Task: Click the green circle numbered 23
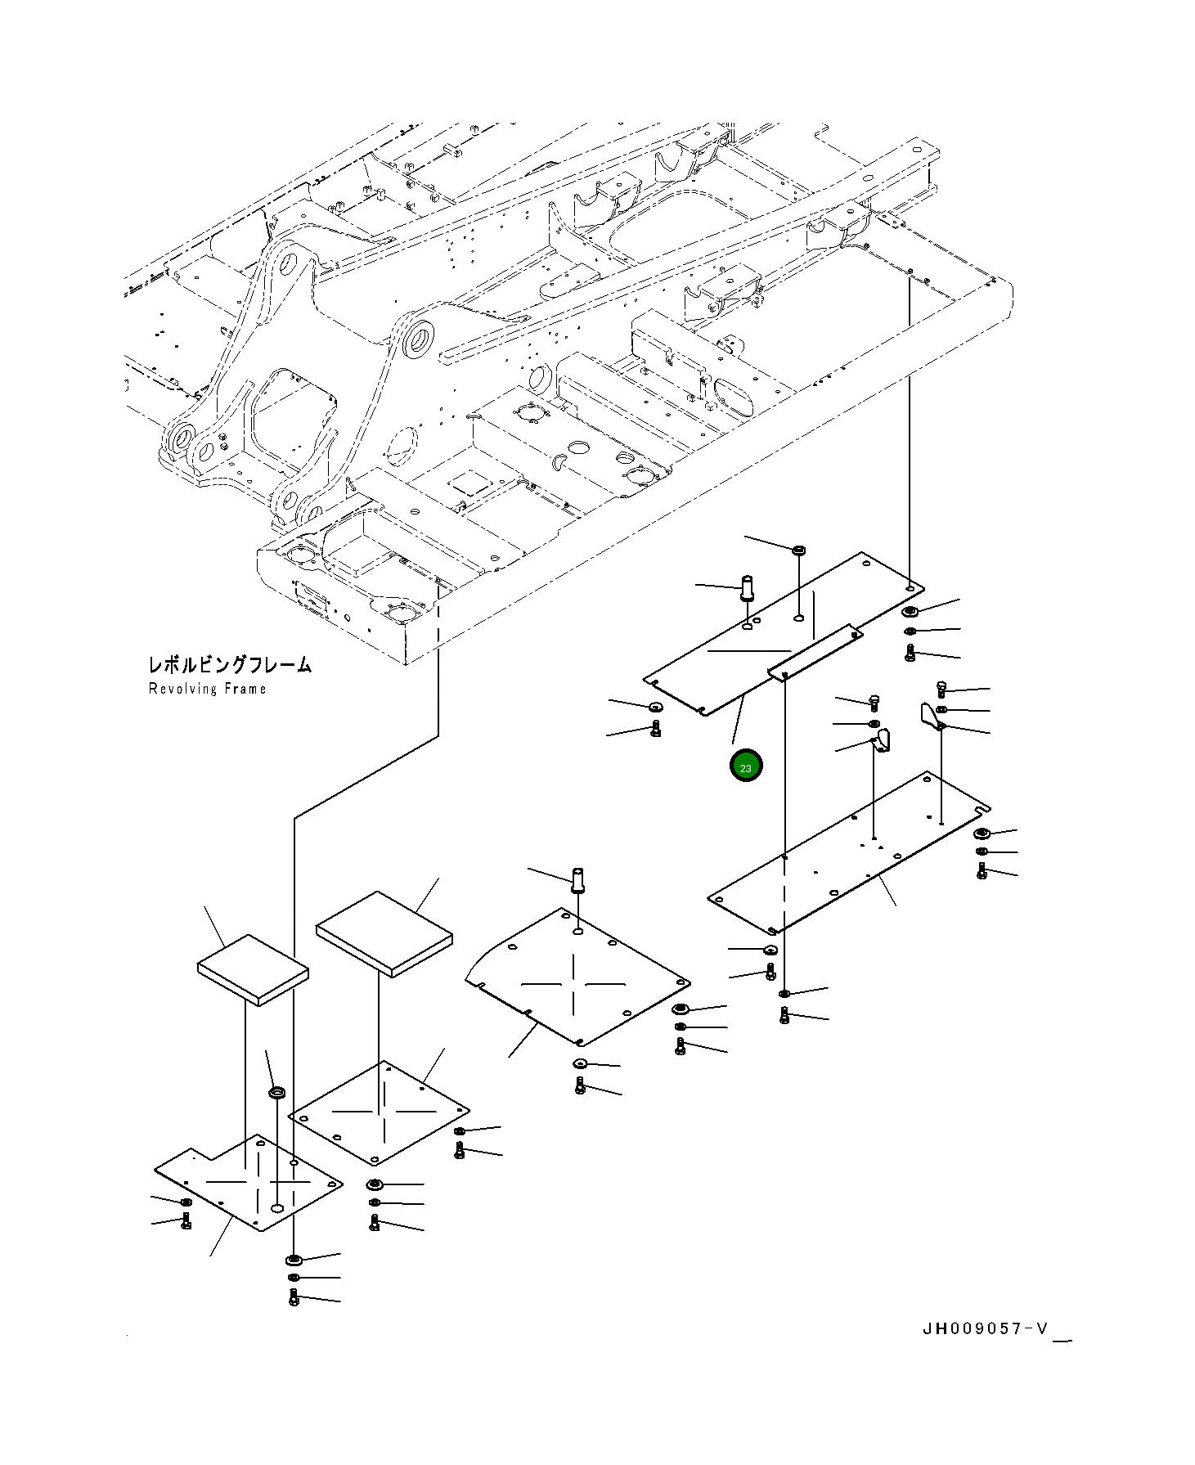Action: click(x=745, y=766)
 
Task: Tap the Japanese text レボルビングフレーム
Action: click(x=230, y=665)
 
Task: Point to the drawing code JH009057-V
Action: click(x=985, y=1328)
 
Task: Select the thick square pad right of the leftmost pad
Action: click(x=383, y=932)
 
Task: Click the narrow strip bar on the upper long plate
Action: click(x=814, y=650)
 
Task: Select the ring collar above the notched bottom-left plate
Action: click(x=277, y=1092)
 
